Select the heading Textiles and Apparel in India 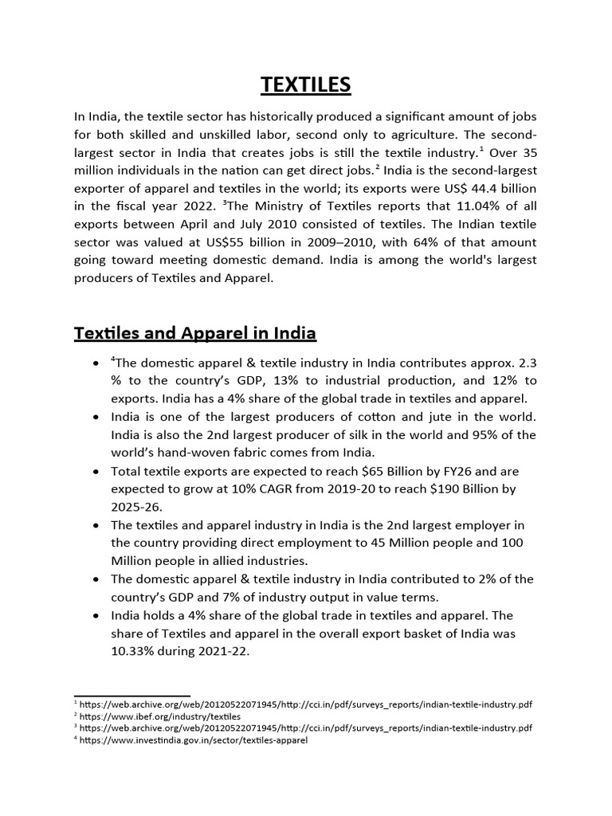(195, 332)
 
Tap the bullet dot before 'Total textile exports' (96, 471)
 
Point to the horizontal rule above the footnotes (131, 696)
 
